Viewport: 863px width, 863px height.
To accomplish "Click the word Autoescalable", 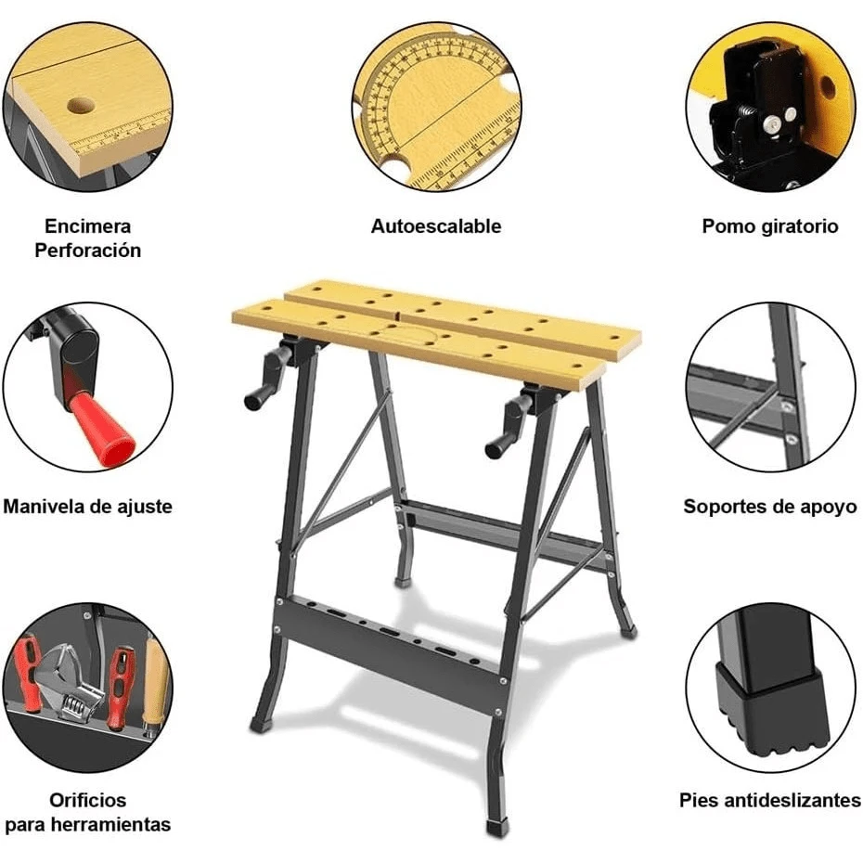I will pyautogui.click(x=435, y=226).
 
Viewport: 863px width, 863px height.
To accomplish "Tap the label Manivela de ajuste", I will pyautogui.click(x=87, y=507).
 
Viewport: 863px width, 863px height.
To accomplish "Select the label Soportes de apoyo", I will pyautogui.click(x=769, y=507).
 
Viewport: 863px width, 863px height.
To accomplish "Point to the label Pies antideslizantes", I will pyautogui.click(x=769, y=800).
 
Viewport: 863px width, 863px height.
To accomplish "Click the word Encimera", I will pyautogui.click(x=88, y=226).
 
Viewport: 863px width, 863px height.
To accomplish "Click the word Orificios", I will pyautogui.click(x=88, y=800).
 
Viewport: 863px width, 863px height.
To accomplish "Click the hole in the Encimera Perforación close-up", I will pyautogui.click(x=79, y=105).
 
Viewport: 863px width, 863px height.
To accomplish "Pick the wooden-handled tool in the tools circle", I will pyautogui.click(x=154, y=682).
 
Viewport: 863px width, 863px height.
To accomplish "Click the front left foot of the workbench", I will pyautogui.click(x=261, y=722).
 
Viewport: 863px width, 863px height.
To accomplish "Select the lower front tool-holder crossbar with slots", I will pyautogui.click(x=390, y=640).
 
